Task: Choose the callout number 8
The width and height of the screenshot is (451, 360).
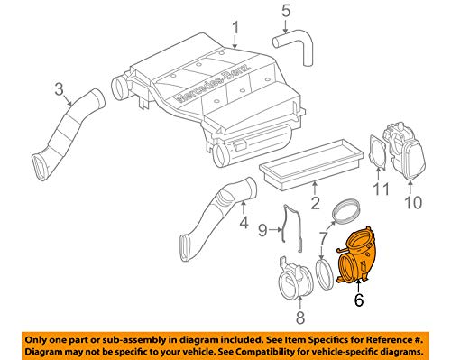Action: (x=299, y=317)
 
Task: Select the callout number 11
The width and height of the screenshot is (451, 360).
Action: (x=382, y=190)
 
